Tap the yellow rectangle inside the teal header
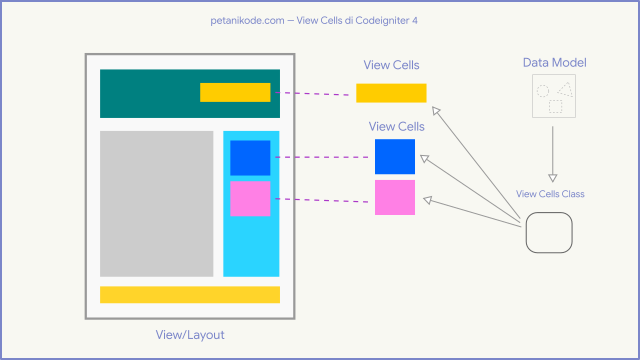coord(235,92)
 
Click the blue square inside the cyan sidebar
coord(250,158)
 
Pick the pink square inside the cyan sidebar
coord(250,198)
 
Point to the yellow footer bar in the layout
coord(190,294)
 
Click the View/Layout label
coord(190,334)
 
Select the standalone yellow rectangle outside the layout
coord(391,93)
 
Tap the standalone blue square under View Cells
coord(395,157)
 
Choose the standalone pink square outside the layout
coord(395,197)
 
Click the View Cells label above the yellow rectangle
coord(391,66)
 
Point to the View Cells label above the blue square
coord(396,127)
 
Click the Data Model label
coord(554,63)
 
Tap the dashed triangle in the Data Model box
coord(565,89)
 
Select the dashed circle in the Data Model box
coord(542,90)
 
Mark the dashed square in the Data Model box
coord(555,105)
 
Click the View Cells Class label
coord(550,194)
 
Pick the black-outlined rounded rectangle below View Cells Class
coord(549,236)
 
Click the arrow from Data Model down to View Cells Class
coord(553,150)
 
